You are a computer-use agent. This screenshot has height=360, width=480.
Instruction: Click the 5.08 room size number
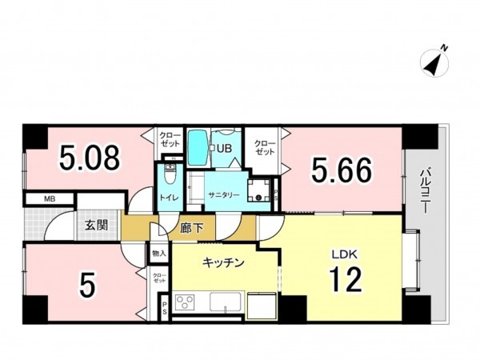(x=90, y=157)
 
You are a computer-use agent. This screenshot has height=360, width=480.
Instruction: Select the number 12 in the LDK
(x=346, y=279)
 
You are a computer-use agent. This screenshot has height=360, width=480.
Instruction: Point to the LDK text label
(x=345, y=254)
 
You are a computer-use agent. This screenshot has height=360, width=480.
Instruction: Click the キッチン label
(x=222, y=262)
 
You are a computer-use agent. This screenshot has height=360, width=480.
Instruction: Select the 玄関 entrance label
(x=97, y=226)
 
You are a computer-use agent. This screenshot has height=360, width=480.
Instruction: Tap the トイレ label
(x=168, y=196)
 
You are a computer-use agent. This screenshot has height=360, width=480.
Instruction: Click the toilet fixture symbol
(x=169, y=174)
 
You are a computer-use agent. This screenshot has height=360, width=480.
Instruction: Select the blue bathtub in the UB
(x=198, y=147)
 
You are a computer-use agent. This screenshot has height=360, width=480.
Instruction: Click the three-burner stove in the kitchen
(x=186, y=304)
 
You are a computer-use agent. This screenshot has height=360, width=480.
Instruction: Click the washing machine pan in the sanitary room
(x=259, y=192)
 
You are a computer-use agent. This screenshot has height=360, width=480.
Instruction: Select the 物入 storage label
(x=158, y=253)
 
